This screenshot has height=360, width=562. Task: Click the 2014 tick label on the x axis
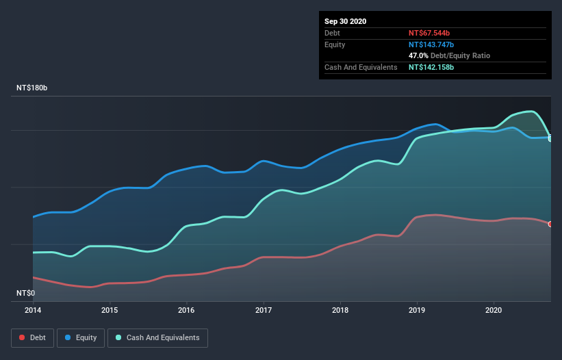pos(32,309)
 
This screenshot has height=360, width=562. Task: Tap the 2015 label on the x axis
pos(110,309)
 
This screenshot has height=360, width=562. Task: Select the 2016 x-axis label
pos(186,309)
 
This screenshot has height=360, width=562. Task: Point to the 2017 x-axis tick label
pos(264,309)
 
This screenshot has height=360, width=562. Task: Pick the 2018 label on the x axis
pos(340,309)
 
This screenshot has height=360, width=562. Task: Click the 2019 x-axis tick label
pos(417,309)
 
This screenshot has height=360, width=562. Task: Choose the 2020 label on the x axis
pos(494,309)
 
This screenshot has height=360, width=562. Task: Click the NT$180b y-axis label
pos(32,88)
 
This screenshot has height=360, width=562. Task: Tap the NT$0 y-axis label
pos(25,293)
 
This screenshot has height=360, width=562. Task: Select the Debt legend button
pos(31,337)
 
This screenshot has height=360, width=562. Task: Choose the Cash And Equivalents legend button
pos(157,337)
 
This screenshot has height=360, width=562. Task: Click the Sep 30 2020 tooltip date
pos(346,21)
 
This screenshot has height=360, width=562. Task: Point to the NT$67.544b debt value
pos(429,33)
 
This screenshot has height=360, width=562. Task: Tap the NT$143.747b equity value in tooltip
pos(431,44)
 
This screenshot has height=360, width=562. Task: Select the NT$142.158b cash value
pos(431,67)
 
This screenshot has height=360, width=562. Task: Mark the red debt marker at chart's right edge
pos(550,224)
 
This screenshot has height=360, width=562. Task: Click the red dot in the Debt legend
pos(22,337)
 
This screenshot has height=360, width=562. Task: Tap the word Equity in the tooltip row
pos(335,44)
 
